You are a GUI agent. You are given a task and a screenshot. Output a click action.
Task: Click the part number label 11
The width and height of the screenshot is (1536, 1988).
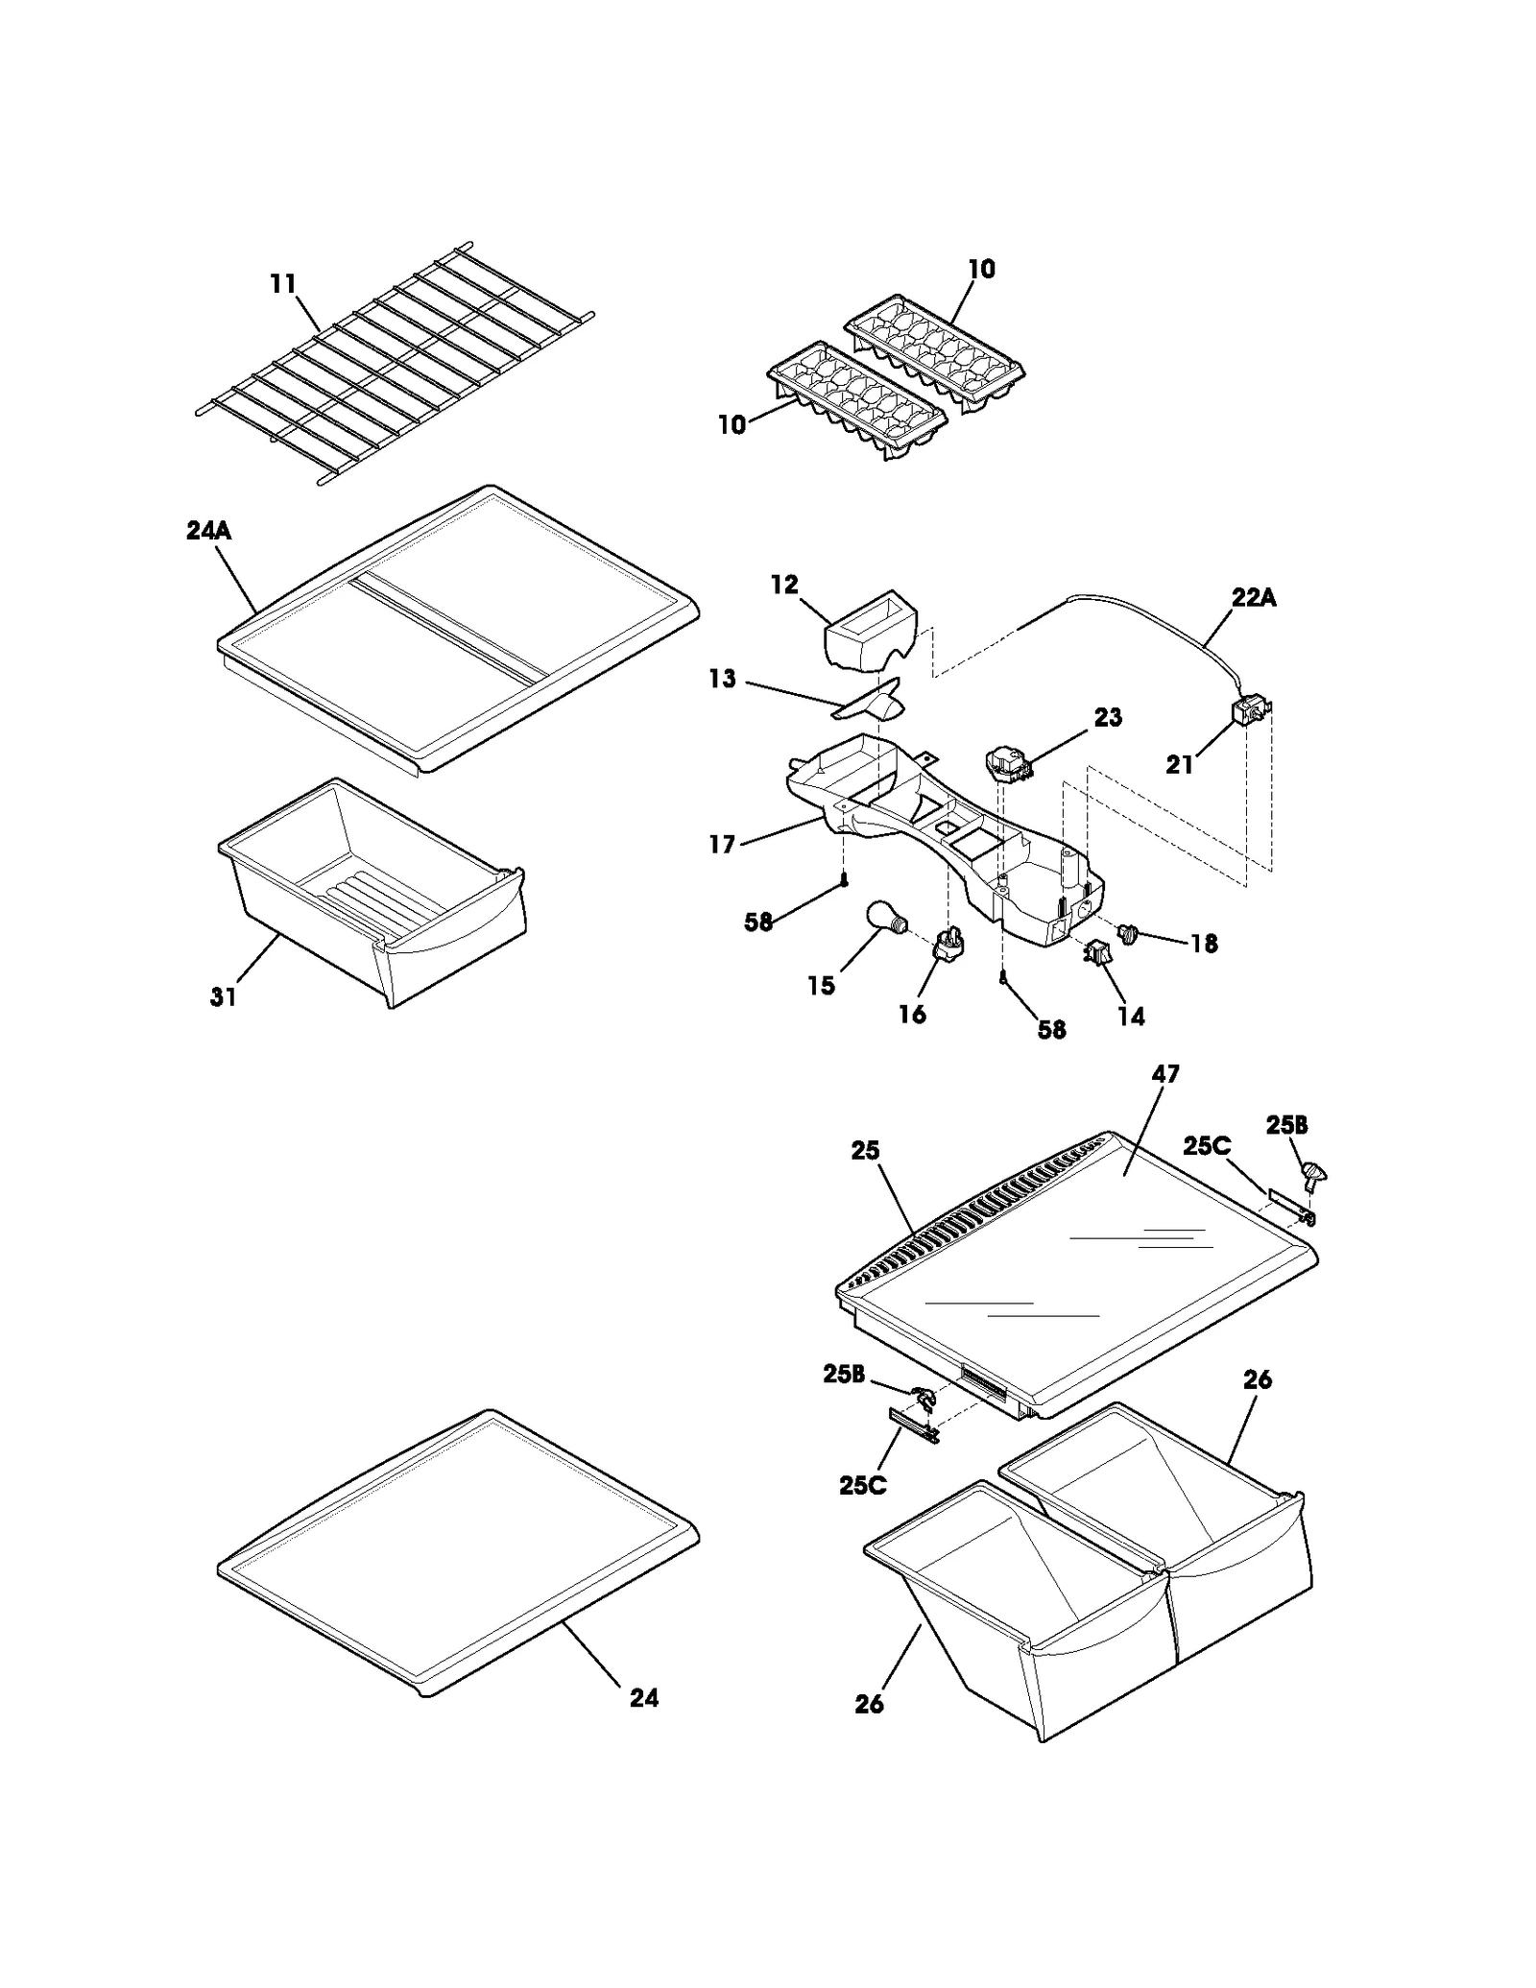[283, 285]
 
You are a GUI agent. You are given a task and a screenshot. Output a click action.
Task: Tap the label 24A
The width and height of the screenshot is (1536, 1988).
[208, 531]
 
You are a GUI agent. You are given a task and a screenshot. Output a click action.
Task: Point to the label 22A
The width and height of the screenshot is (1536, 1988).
[1254, 598]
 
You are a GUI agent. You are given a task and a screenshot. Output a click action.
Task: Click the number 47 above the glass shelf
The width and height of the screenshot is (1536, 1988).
[1164, 1074]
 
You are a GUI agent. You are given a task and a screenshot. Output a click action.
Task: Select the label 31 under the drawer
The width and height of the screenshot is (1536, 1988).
[223, 997]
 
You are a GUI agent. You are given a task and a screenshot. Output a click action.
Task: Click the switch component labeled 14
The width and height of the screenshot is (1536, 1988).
[1095, 953]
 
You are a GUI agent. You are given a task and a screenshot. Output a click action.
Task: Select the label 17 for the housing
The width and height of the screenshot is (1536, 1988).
[722, 845]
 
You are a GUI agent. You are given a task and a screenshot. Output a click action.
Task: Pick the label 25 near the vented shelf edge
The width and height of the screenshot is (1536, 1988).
[865, 1150]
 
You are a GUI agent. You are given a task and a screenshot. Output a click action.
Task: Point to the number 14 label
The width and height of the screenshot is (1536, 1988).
[1131, 1017]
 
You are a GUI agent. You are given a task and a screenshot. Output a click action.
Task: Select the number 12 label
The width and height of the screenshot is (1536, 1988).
[784, 585]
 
